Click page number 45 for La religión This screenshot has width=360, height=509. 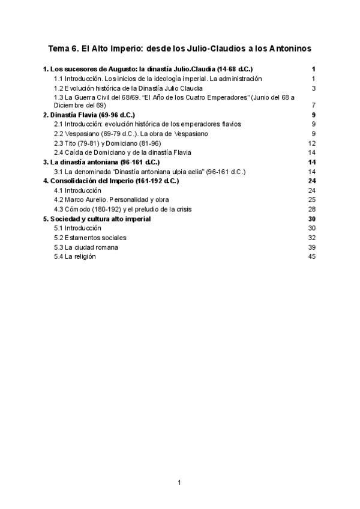pos(311,256)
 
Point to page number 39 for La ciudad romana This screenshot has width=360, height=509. pos(311,247)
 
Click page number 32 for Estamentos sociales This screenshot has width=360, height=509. pos(311,238)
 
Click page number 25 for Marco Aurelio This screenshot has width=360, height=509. pos(311,199)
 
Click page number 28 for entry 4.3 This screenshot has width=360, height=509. pos(311,209)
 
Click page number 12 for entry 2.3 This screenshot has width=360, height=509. pos(311,143)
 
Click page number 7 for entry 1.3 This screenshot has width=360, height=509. pos(313,105)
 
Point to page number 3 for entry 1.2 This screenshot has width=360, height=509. pos(313,88)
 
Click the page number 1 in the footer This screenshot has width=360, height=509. pos(179,482)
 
